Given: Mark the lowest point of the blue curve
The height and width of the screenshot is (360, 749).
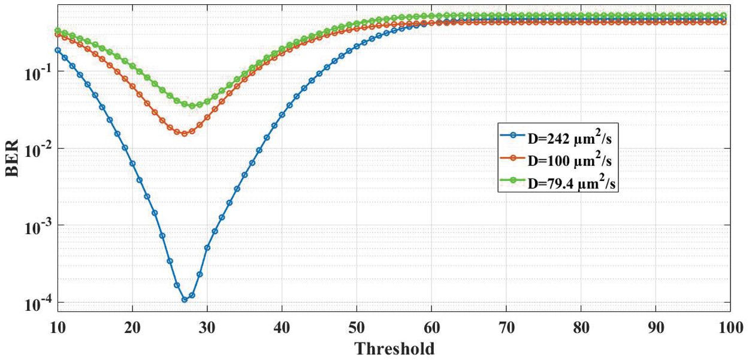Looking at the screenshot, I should (185, 300).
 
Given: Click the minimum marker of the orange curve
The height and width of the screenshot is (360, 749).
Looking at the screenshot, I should (185, 133).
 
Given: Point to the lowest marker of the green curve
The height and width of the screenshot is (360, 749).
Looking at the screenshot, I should (192, 105).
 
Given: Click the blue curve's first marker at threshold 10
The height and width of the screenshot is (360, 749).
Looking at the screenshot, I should (58, 50).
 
